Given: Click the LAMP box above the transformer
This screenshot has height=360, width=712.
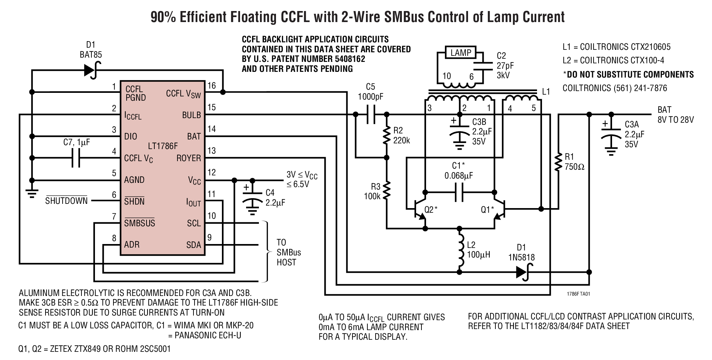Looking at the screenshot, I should [461, 53].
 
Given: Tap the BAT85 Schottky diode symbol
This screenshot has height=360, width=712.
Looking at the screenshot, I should [91, 70].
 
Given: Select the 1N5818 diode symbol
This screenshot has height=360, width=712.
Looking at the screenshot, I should [522, 272].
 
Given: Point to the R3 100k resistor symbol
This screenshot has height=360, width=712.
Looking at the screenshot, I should [387, 190].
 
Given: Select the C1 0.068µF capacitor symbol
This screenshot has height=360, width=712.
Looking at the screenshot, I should [459, 192].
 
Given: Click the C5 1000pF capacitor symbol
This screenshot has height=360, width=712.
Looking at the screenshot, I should [371, 114].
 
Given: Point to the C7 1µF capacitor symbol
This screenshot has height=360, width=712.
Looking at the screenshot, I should [76, 158].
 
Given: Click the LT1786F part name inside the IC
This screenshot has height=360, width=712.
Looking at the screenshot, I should [163, 146].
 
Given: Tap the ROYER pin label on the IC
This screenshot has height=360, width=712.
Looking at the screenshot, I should [188, 158].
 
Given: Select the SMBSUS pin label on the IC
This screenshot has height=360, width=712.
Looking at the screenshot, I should [139, 223].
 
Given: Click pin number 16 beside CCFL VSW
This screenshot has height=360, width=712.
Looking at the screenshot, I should [212, 86].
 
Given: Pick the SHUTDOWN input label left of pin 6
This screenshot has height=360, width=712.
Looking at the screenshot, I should [67, 201].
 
